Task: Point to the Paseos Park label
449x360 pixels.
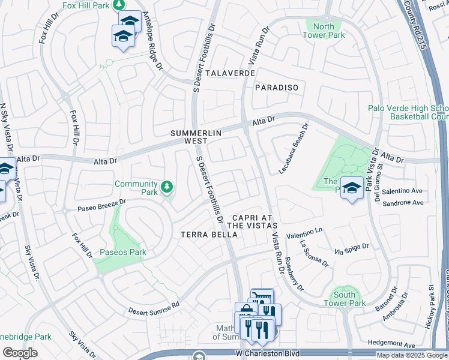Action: (122, 252)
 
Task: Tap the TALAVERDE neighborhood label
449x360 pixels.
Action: (231, 73)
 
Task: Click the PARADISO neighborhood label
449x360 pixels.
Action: (276, 88)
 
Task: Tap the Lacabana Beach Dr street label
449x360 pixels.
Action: (294, 149)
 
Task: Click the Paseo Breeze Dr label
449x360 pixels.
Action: (101, 205)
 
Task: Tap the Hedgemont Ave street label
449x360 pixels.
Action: (393, 345)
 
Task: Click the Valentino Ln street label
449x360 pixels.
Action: (304, 232)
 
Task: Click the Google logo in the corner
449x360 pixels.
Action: (20, 353)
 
